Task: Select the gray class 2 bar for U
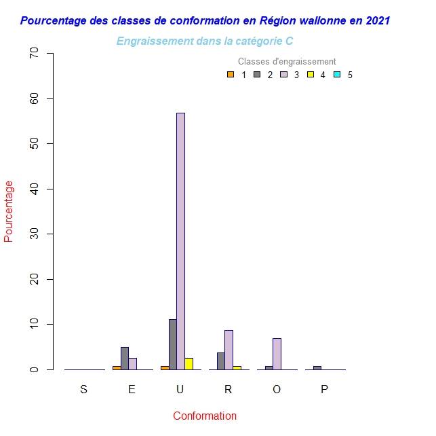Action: tap(173, 344)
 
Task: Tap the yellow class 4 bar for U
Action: tap(189, 363)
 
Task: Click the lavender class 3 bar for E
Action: tap(133, 364)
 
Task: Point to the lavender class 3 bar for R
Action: tap(229, 350)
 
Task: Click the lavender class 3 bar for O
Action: tap(277, 354)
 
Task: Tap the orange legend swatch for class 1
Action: tap(231, 75)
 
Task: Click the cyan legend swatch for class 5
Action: tap(337, 75)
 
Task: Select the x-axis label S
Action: tap(83, 389)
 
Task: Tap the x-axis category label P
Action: tap(324, 389)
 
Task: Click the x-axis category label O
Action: tap(276, 389)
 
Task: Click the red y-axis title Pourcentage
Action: tap(9, 211)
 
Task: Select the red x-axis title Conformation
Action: tap(205, 416)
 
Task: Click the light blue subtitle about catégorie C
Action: tap(205, 41)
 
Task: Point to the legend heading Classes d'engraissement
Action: tap(287, 62)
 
